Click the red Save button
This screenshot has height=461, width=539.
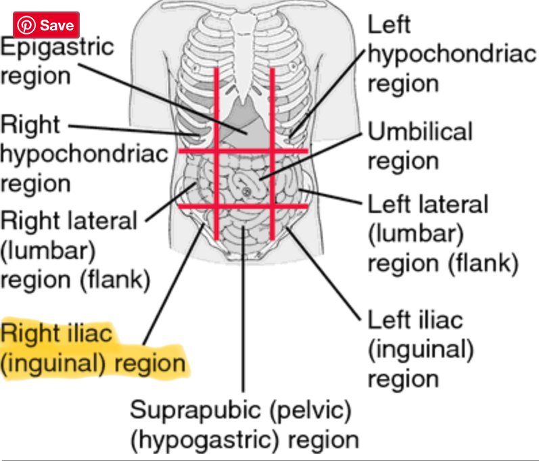[x=47, y=25]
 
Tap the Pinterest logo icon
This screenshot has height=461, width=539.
[x=27, y=25]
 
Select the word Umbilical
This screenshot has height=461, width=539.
[x=420, y=131]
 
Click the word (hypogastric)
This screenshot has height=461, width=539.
[x=206, y=440]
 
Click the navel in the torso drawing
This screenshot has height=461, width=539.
[x=247, y=193]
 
